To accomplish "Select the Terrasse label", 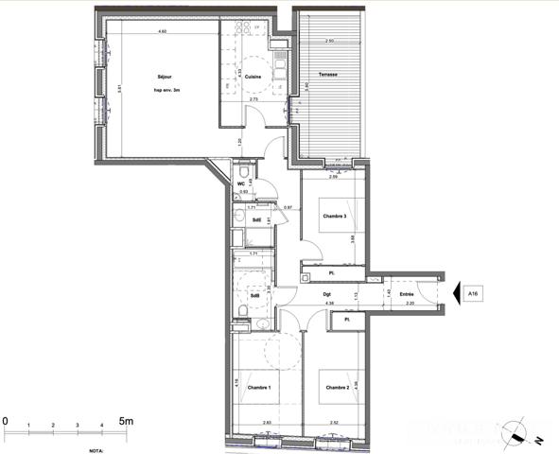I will (x=328, y=75).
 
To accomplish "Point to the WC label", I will (x=240, y=184).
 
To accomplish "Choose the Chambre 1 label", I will (x=259, y=388).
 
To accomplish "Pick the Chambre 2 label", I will (x=338, y=388).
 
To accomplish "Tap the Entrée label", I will (x=407, y=294).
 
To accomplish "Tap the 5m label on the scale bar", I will (x=126, y=420).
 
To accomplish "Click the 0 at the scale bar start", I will (x=6, y=420).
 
